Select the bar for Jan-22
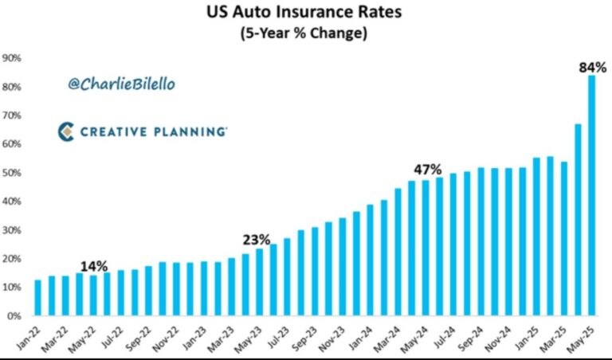38,298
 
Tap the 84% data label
591,67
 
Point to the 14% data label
94,266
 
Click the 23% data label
257,240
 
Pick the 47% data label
427,170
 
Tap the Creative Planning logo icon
66,131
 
